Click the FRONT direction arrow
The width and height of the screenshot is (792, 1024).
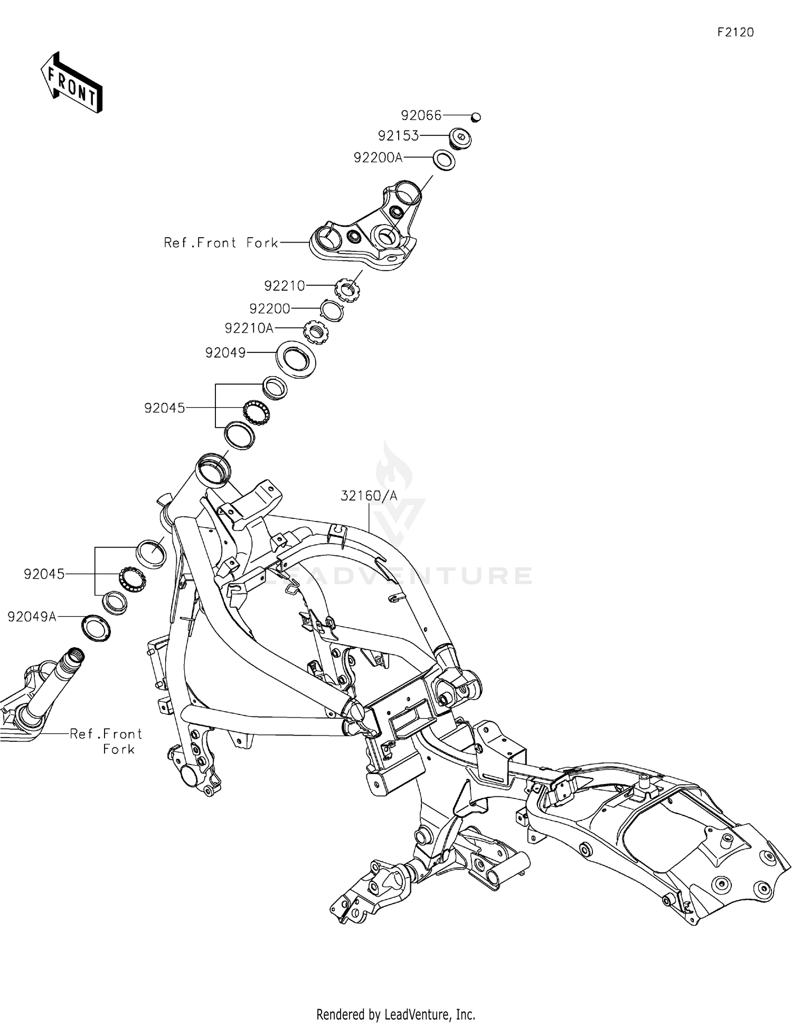coord(72,83)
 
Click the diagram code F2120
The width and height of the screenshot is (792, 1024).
coord(735,33)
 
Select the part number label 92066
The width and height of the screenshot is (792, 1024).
coord(421,115)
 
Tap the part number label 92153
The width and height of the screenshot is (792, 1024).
coord(398,136)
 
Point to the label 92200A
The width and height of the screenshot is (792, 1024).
coord(378,157)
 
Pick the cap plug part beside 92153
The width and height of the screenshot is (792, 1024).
coord(460,138)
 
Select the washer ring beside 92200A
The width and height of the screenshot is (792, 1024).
coord(444,160)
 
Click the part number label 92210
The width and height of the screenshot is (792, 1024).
coord(285,286)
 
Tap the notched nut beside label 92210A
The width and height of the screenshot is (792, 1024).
coord(317,332)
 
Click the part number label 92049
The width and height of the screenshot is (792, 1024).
coord(225,352)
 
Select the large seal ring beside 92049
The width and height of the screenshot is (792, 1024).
coord(297,359)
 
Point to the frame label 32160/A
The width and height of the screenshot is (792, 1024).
coord(369,496)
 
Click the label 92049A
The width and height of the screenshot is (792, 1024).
coord(32,617)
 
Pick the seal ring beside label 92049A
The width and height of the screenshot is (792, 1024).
coord(96,628)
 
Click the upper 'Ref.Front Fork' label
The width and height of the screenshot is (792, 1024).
coord(221,243)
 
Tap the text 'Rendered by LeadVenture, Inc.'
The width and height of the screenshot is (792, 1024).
coord(395,1014)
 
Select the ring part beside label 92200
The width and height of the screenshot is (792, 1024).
coord(333,310)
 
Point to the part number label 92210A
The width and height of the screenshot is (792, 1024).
coord(249,328)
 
